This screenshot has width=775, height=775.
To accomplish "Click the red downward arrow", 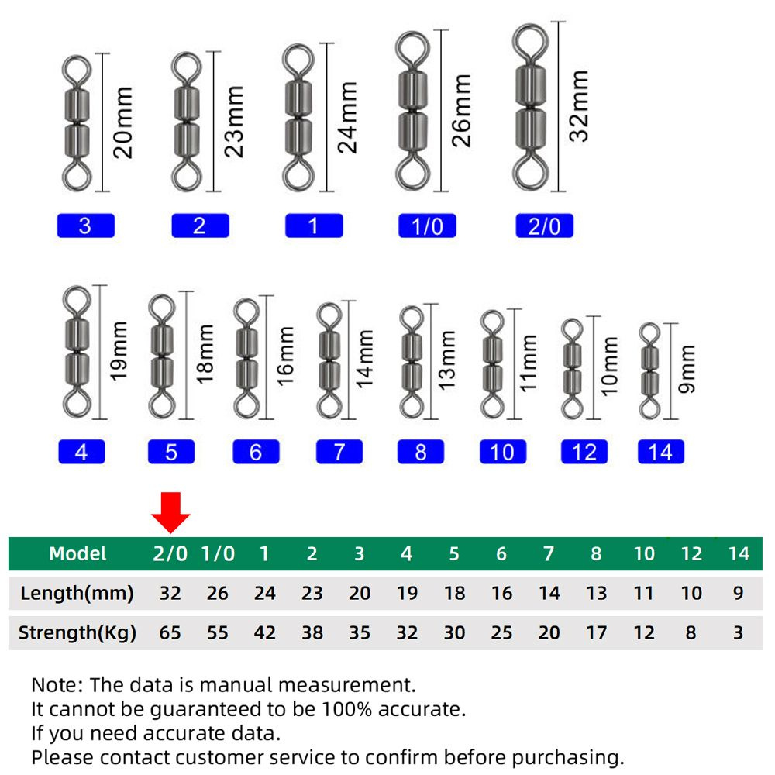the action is pos(170,512).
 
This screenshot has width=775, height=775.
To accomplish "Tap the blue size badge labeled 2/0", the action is pos(544,226).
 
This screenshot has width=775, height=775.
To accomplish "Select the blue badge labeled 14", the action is pos(661,452).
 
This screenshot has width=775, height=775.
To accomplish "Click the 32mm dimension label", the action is pos(579,106).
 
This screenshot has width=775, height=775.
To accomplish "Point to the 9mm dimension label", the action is pos(687,369).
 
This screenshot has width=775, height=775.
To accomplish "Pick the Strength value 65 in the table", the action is pos(170,632).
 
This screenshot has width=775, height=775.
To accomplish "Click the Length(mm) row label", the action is pos(77,593).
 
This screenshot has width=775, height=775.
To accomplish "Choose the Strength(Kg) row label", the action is pos(77,632).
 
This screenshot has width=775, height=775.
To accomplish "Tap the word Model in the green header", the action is pos(77,553).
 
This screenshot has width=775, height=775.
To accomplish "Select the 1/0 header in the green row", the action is pos(218,553).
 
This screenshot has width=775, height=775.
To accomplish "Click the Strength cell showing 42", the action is pos(265,632).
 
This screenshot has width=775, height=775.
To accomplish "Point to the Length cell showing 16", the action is pos(501,593).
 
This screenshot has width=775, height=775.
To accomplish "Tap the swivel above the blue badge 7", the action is pos(329,361).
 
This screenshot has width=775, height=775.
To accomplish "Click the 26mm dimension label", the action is pos(461,111).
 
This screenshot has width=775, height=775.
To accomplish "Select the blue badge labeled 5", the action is pos(171,452).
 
